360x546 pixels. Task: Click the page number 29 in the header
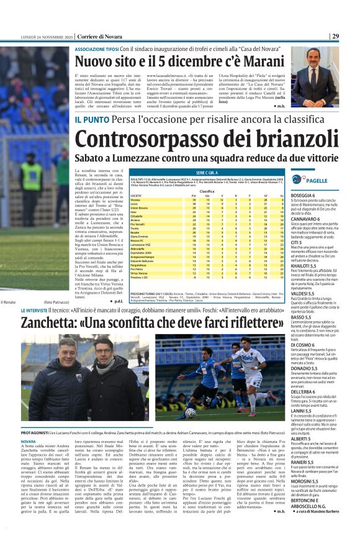point(352,36)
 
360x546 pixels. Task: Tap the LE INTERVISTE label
point(41,309)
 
